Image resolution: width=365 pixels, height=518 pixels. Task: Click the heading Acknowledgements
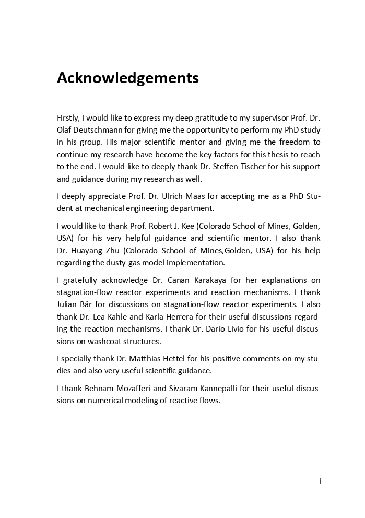click(128, 78)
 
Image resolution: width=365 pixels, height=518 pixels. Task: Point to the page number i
click(320, 480)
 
